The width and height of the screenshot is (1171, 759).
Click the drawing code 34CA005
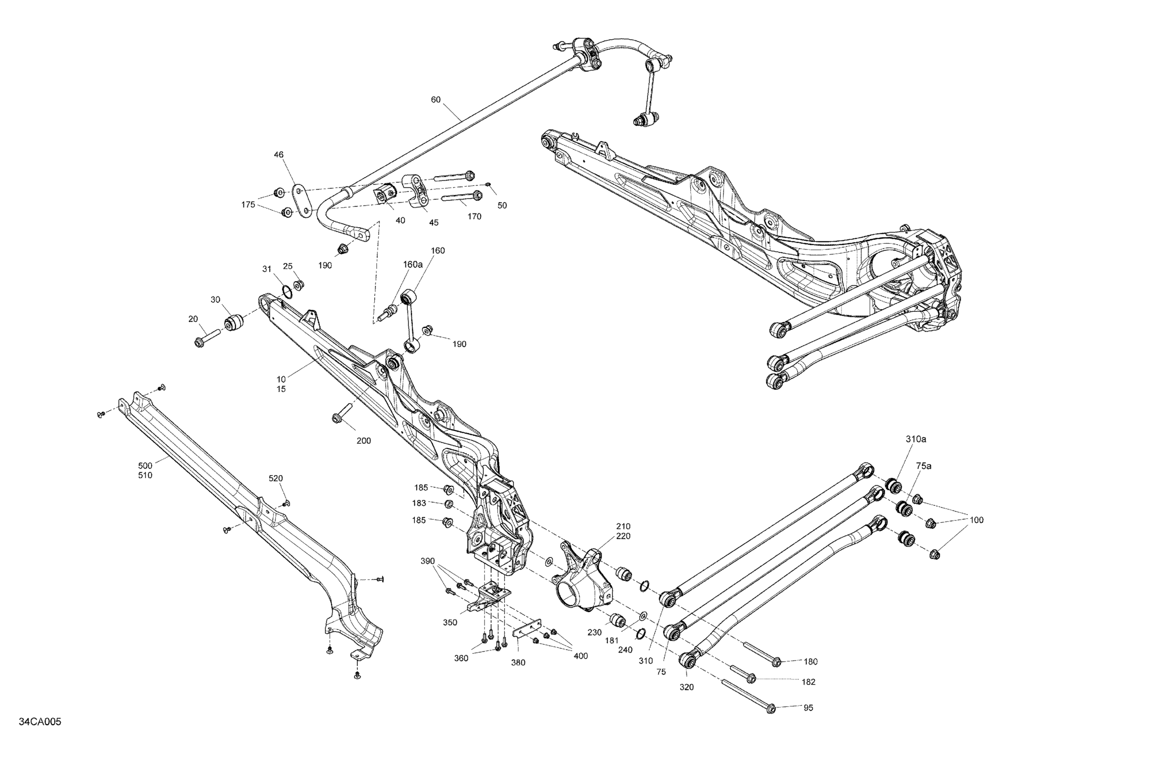[x=40, y=722]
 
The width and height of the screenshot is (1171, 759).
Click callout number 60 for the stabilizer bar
[x=435, y=100]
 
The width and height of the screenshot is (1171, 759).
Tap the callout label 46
[x=279, y=154]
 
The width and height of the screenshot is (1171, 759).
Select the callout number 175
[x=248, y=204]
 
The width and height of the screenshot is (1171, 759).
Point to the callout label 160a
[x=413, y=264]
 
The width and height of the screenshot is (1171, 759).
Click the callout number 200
[x=364, y=441]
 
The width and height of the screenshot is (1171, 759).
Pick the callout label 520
[x=276, y=478]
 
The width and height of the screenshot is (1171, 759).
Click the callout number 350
[x=450, y=622]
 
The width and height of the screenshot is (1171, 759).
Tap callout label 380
[x=518, y=663]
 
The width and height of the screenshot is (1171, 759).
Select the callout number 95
[x=808, y=708]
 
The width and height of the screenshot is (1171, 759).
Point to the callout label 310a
[x=916, y=439]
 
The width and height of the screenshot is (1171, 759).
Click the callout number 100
[x=976, y=520]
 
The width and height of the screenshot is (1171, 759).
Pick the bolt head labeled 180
[x=775, y=662]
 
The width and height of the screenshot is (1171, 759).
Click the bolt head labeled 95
[x=771, y=709]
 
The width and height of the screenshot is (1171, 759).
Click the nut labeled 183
[x=449, y=504]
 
